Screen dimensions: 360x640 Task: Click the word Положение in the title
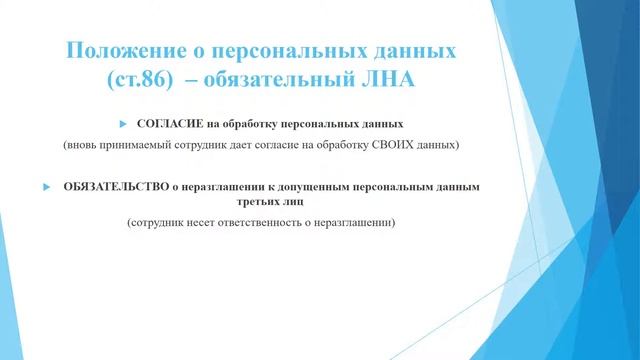tap(119, 49)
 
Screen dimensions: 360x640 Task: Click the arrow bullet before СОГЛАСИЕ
tap(122, 125)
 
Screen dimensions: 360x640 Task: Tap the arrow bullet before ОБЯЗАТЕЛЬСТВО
tap(47, 187)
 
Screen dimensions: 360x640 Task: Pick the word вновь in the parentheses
tap(81, 145)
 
